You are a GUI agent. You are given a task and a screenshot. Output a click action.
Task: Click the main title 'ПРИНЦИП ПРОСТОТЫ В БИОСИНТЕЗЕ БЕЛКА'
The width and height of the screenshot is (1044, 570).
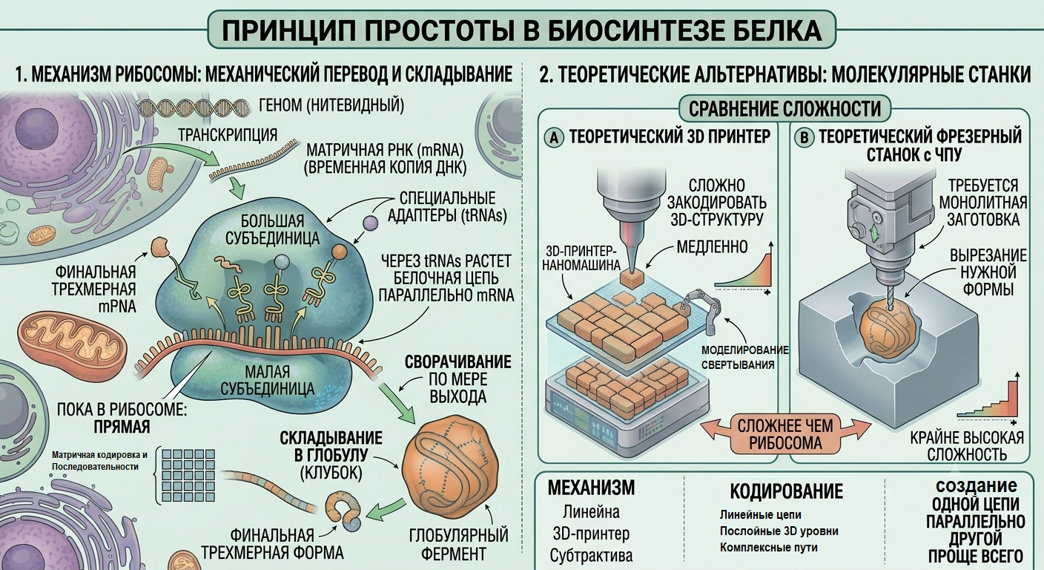coord(521,30)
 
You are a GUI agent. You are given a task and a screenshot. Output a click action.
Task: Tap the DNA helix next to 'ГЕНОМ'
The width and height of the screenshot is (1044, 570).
coord(194,108)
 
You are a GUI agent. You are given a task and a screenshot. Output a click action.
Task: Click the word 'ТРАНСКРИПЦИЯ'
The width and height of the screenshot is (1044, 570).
coord(228,135)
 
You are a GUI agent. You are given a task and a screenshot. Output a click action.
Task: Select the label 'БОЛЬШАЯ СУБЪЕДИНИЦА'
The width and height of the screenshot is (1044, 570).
coord(273,229)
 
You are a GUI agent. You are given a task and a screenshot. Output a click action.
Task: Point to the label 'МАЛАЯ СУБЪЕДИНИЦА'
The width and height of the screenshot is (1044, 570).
coord(267,380)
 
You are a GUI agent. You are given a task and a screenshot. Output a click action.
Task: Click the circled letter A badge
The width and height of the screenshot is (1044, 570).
coord(554,137)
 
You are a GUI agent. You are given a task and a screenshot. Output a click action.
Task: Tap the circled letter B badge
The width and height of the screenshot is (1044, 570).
coord(804,138)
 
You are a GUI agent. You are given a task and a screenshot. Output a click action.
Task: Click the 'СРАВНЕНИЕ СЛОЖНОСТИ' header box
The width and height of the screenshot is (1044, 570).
coord(785,108)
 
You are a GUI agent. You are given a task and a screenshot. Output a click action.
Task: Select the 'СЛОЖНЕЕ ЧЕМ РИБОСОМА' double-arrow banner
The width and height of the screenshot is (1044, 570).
coord(785,433)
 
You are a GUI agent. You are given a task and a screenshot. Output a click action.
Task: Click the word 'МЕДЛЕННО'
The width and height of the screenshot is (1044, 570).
coord(712,246)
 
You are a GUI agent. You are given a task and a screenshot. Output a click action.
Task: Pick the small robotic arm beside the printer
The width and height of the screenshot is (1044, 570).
coord(700,310)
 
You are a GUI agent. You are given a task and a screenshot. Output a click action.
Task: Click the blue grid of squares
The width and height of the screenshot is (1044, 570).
coord(188,475)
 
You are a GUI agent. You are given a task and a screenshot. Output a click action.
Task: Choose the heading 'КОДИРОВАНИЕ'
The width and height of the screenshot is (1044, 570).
coord(786,491)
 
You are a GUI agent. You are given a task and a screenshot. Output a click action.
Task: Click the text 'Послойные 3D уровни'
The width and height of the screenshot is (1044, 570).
coord(779,531)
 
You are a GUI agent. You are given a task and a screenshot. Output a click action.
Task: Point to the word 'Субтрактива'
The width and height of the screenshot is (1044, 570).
coord(591,555)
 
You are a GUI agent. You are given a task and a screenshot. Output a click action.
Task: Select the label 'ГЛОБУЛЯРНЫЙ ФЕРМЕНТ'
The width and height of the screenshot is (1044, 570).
coord(459,544)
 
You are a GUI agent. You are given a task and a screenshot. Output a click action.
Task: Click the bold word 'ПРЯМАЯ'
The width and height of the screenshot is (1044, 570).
coord(122,427)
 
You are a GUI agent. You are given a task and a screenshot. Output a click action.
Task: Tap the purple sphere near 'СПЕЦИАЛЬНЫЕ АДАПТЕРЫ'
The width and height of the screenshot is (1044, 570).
coord(371,223)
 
